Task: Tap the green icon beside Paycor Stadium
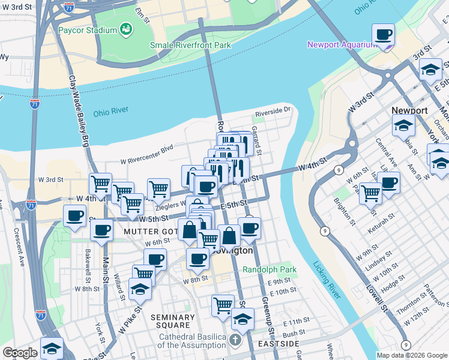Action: pos(126,29)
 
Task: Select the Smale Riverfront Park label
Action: pos(190,44)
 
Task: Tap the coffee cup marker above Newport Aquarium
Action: pos(383,35)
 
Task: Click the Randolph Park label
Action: pos(270,270)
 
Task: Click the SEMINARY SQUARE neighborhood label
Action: pos(173,322)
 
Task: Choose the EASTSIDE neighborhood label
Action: pos(279,344)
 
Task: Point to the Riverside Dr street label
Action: pos(273,110)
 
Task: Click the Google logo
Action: pos(20,353)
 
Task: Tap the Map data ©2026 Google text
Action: pos(412,355)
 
